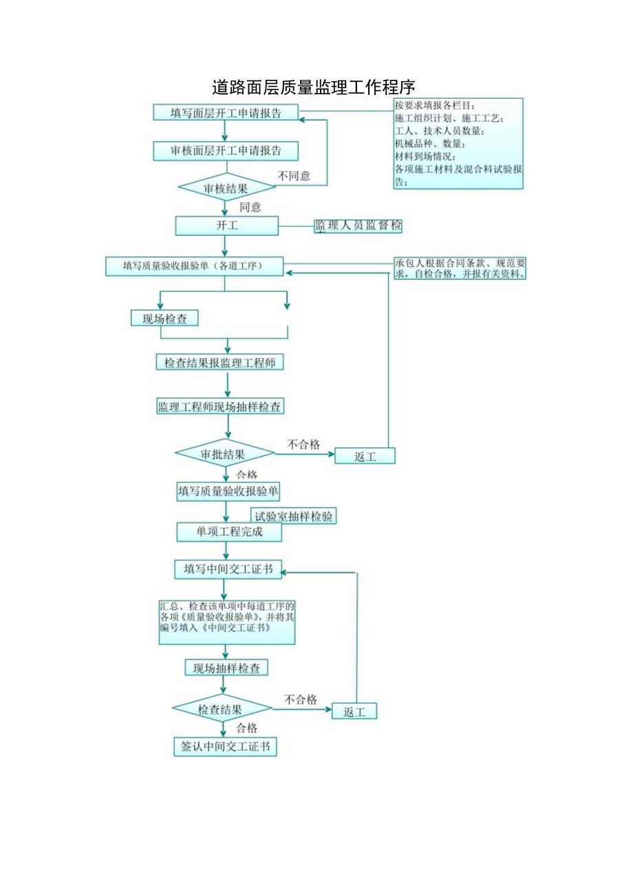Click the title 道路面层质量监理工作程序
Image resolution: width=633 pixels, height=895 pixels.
(x=313, y=87)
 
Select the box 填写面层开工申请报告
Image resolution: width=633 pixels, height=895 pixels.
(x=226, y=113)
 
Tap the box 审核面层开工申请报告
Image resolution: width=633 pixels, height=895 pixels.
(x=226, y=150)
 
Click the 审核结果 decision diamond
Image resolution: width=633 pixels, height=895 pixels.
(x=226, y=187)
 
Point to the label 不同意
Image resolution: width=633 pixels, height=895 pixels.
(x=294, y=176)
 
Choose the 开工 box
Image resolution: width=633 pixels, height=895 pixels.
(x=227, y=225)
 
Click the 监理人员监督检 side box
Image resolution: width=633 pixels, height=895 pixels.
(x=358, y=226)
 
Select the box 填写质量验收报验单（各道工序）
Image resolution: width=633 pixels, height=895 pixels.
(x=194, y=266)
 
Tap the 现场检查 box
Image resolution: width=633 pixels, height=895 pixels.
(x=164, y=318)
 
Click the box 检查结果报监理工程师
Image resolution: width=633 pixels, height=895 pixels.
(x=219, y=363)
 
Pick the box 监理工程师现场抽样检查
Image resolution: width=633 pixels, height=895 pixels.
(x=219, y=407)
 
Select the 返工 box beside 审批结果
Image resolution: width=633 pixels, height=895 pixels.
(x=365, y=456)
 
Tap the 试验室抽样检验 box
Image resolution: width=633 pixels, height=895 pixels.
(x=294, y=516)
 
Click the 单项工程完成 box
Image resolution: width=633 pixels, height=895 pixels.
(x=229, y=532)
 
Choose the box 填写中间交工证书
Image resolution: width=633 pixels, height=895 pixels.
(x=228, y=569)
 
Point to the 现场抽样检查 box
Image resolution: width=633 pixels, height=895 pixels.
(x=226, y=667)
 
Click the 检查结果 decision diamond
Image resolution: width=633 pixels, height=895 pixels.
(x=222, y=709)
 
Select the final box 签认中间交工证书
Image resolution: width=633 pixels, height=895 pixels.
(x=225, y=747)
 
